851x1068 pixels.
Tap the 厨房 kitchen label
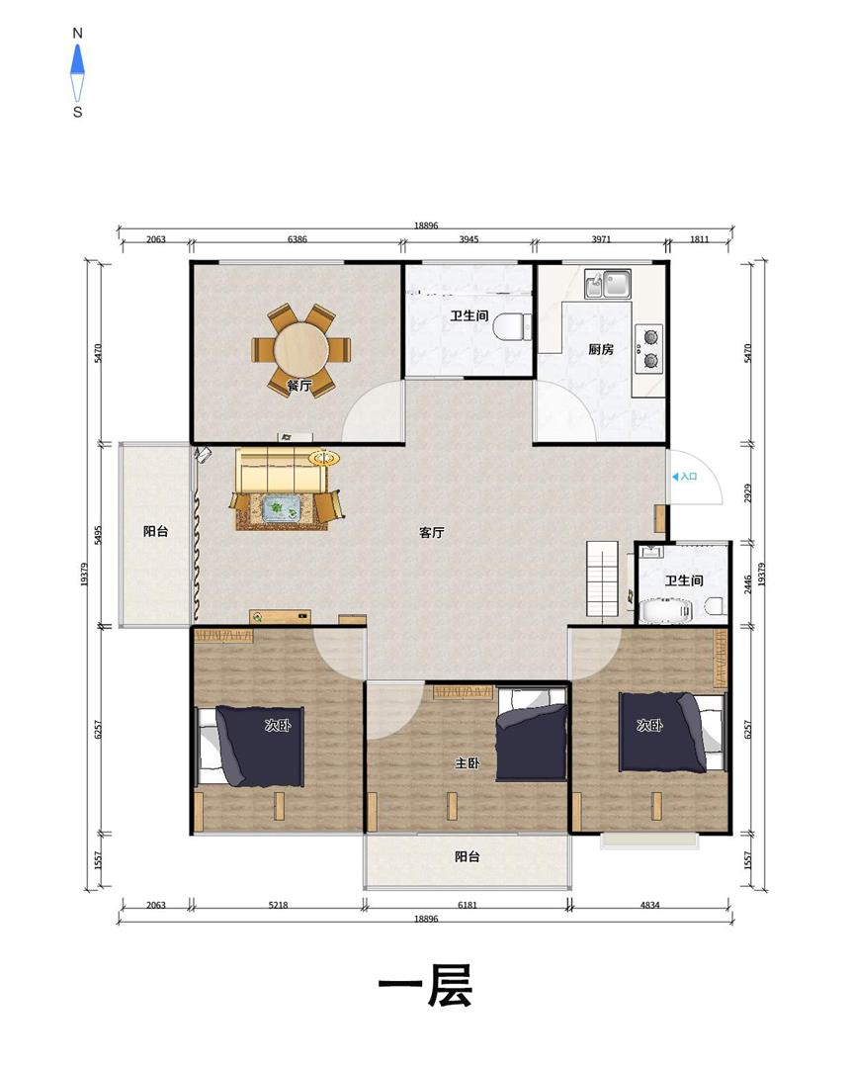(x=601, y=349)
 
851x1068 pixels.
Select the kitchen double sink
(x=608, y=284)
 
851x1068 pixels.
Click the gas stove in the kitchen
(x=649, y=347)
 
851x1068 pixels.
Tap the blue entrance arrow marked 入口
(x=675, y=477)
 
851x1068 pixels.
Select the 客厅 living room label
(x=432, y=533)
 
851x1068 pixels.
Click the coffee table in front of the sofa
(x=283, y=507)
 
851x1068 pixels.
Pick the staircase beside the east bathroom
(x=603, y=578)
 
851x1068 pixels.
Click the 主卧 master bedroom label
(x=468, y=763)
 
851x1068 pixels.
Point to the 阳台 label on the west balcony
(x=156, y=531)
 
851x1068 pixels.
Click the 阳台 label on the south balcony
(x=468, y=856)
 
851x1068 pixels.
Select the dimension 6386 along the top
(x=298, y=239)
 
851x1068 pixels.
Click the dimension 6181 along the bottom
(x=468, y=905)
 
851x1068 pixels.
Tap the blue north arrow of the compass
(x=78, y=59)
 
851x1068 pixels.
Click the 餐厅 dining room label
(x=299, y=386)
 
